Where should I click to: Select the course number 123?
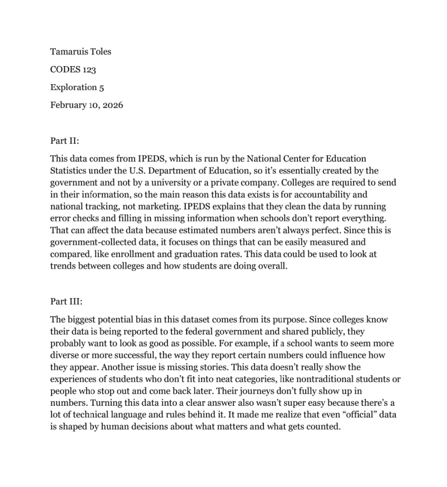coord(89,70)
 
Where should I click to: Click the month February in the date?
coord(68,105)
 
